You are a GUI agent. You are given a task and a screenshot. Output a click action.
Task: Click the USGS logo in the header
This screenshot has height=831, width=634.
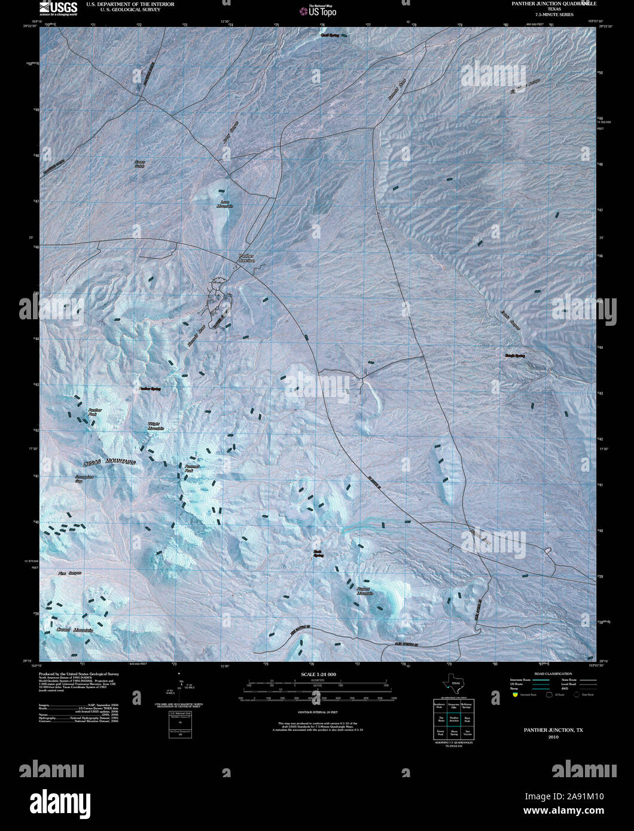(58, 7)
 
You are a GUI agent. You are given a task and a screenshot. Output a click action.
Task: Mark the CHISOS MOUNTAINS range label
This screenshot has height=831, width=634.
(109, 462)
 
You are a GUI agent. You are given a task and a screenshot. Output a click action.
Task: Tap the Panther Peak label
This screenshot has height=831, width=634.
(95, 413)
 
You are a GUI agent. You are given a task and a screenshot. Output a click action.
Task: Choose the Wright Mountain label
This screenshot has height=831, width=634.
(156, 426)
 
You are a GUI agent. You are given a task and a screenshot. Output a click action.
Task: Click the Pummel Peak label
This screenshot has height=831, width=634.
(191, 468)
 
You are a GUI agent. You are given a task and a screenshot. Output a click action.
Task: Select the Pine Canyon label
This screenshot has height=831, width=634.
(69, 573)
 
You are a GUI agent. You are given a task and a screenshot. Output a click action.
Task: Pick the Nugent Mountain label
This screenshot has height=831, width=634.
(364, 591)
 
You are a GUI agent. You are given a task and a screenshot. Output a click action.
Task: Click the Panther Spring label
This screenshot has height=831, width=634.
(150, 389)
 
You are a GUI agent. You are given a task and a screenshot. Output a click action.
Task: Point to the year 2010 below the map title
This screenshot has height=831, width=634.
(553, 737)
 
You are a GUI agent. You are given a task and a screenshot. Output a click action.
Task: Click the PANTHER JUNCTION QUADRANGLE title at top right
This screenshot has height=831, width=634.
(553, 4)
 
